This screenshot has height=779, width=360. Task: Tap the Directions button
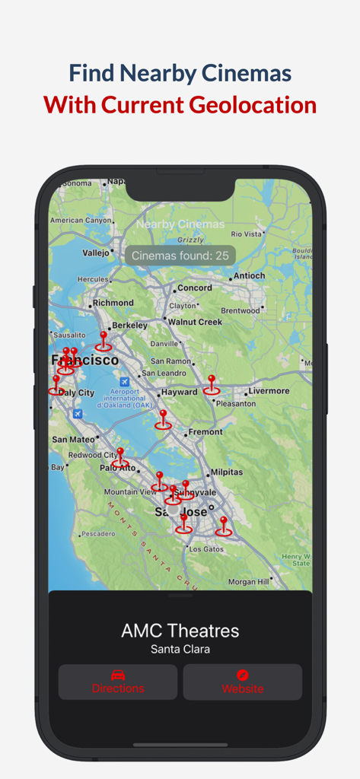click(118, 682)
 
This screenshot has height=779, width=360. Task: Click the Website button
click(242, 682)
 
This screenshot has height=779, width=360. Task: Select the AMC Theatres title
click(180, 631)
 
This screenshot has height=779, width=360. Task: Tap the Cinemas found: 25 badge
click(180, 256)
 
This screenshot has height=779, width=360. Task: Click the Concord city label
click(194, 288)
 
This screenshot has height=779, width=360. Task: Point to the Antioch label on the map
click(249, 275)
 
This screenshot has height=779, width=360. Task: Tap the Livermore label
click(269, 391)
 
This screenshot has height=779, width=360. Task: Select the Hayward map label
click(180, 393)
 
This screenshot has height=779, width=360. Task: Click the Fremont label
click(205, 432)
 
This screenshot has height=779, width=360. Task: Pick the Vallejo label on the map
click(96, 253)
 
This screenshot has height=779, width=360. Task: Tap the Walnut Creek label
click(195, 322)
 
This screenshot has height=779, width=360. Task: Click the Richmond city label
click(113, 303)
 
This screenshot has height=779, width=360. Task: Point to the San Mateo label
click(73, 440)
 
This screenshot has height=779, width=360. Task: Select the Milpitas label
click(226, 472)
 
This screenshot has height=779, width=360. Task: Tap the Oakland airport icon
click(125, 381)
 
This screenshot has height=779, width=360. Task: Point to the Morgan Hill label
click(249, 582)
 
